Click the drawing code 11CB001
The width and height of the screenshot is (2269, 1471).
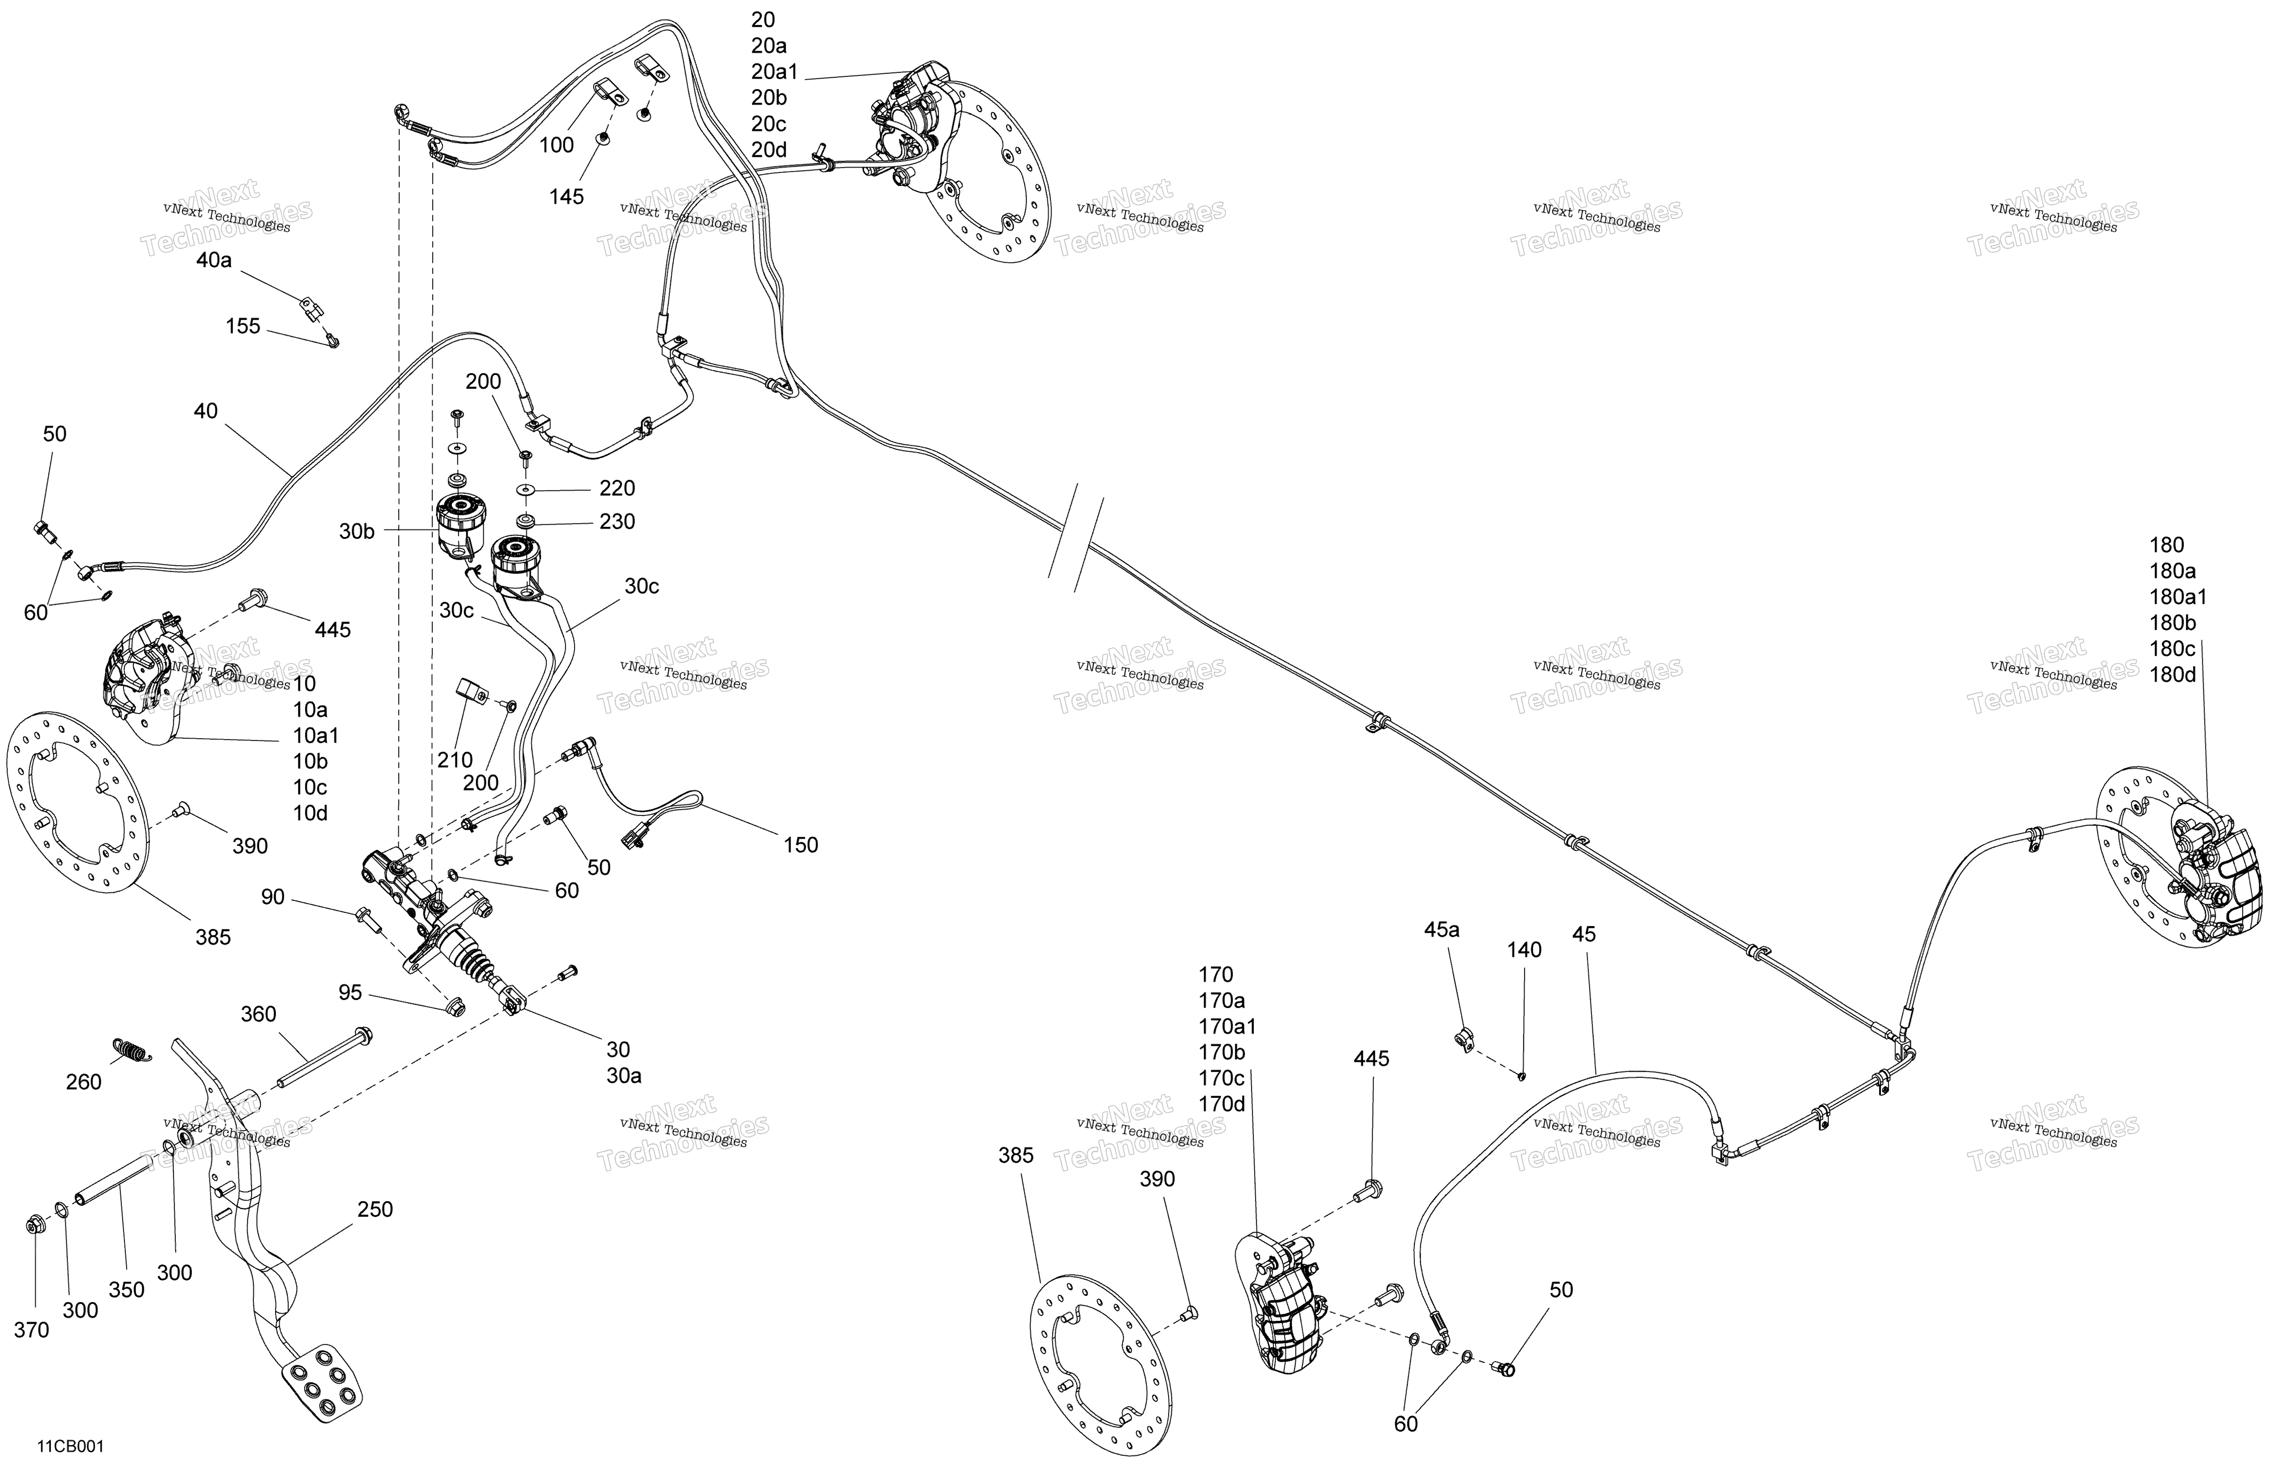pyautogui.click(x=71, y=1446)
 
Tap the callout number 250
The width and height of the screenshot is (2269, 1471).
pyautogui.click(x=375, y=1209)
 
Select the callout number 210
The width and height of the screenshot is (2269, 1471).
pyautogui.click(x=455, y=760)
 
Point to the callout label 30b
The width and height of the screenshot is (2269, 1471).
pyautogui.click(x=357, y=531)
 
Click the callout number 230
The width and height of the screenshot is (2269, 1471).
pyautogui.click(x=617, y=522)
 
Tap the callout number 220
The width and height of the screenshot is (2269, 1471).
pyautogui.click(x=617, y=488)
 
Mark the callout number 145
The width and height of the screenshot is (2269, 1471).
pyautogui.click(x=566, y=197)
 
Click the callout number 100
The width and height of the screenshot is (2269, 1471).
pyautogui.click(x=557, y=145)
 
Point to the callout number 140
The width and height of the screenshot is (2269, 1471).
pyautogui.click(x=1524, y=949)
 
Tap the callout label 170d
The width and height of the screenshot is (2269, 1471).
pyautogui.click(x=1222, y=1104)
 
